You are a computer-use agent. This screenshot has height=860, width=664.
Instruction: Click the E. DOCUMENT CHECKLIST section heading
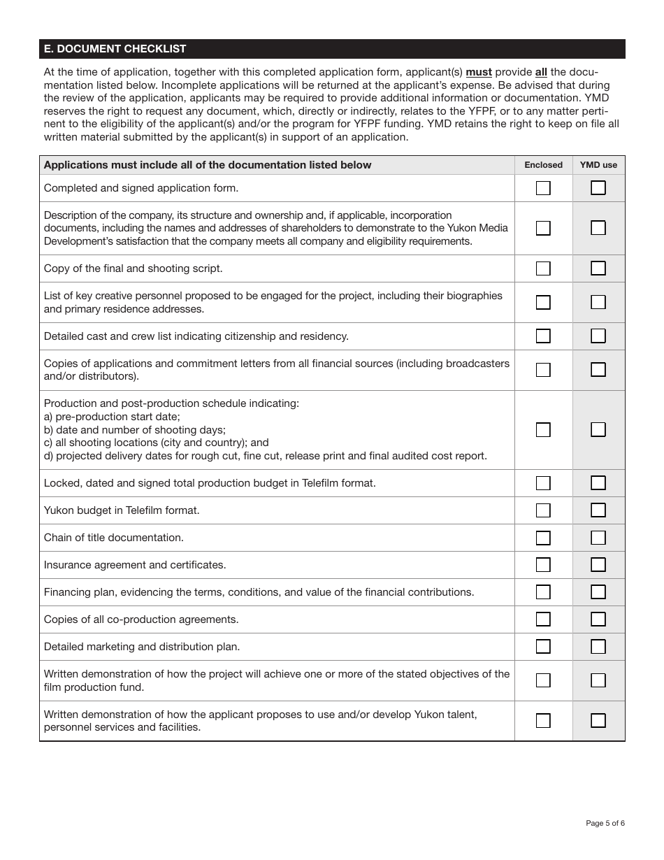tap(115, 49)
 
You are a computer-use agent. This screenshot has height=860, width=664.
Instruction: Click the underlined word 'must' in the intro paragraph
tap(479, 72)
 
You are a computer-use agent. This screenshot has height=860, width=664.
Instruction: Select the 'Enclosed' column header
tap(543, 165)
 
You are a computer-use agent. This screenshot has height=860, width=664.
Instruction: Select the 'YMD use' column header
tap(598, 165)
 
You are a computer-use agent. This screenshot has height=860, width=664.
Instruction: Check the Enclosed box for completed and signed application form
tap(543, 188)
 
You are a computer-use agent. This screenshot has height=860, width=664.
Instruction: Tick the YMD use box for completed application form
tap(598, 188)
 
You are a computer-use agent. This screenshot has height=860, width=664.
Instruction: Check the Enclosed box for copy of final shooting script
tap(543, 268)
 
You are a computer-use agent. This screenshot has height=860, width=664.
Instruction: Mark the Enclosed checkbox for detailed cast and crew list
tap(543, 336)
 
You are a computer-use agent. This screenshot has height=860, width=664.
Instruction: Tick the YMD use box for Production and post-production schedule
tap(598, 429)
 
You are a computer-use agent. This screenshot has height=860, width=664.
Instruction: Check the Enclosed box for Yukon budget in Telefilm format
tap(543, 510)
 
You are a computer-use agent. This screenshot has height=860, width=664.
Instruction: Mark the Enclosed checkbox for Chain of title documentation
tap(543, 538)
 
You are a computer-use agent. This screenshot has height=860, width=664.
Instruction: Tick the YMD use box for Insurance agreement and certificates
tap(598, 565)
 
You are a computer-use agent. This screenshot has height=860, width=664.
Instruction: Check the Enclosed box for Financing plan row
tap(543, 592)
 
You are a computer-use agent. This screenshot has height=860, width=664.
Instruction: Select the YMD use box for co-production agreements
tap(598, 619)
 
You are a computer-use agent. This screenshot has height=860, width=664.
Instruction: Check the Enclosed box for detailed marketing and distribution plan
tap(543, 647)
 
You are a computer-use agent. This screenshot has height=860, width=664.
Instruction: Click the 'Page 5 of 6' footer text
tap(605, 823)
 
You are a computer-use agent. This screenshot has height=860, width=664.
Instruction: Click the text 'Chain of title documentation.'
tap(114, 538)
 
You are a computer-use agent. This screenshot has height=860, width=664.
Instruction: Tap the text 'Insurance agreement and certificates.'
tap(135, 565)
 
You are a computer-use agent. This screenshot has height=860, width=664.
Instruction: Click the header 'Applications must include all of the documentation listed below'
tap(208, 165)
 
